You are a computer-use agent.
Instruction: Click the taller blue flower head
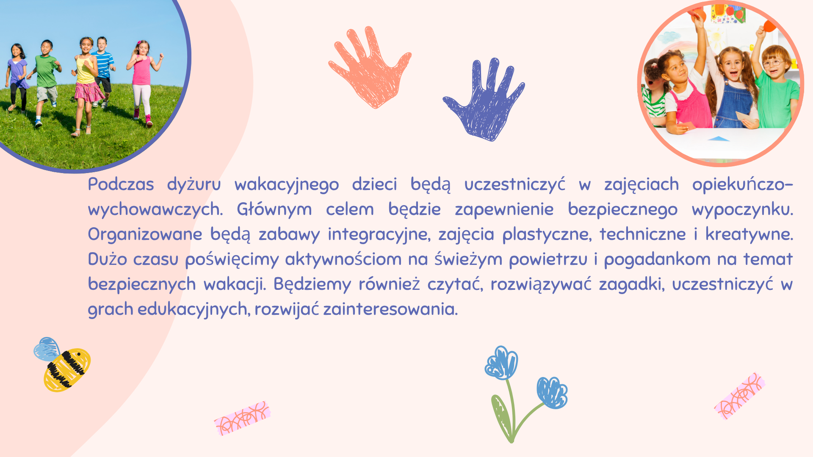click(x=502, y=363)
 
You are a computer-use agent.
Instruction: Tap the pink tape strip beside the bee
click(x=242, y=418)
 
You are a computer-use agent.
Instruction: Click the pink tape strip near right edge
click(x=740, y=396)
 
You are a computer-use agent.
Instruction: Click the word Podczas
click(x=121, y=184)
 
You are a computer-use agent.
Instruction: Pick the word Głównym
click(x=274, y=209)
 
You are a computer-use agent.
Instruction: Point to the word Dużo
click(x=108, y=259)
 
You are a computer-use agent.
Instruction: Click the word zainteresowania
click(x=390, y=309)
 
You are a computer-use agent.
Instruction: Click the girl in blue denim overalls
click(x=733, y=89)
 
